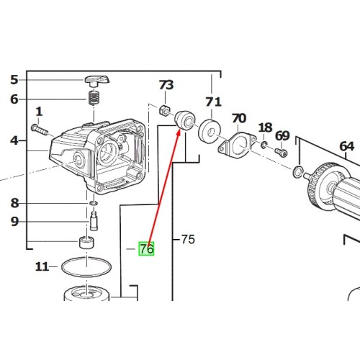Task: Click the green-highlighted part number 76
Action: (146, 249)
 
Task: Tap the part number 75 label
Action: (188, 239)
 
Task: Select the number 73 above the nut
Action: (166, 85)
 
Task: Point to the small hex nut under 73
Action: (165, 110)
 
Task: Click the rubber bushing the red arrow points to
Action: (184, 120)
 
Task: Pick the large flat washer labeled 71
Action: (210, 131)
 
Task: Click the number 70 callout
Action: (239, 118)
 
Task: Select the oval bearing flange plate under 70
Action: (237, 146)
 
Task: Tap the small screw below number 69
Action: (281, 152)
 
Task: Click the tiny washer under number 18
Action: (264, 145)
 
